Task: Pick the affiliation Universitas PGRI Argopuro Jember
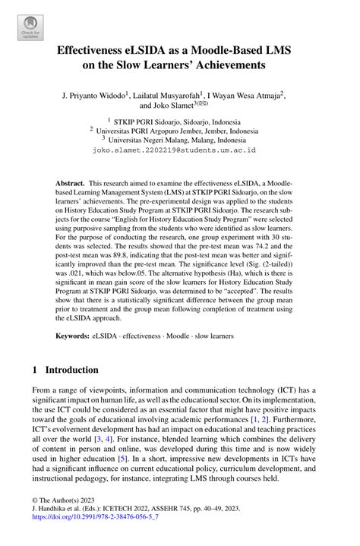pyautogui.click(x=171, y=130)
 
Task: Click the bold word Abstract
pyautogui.click(x=69, y=185)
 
